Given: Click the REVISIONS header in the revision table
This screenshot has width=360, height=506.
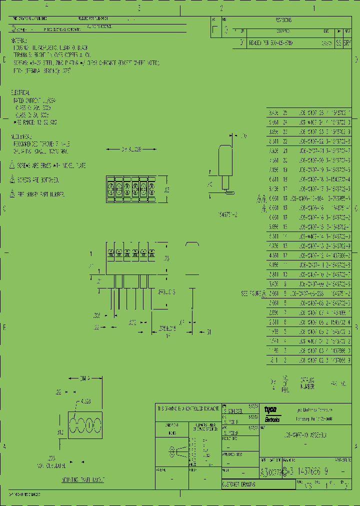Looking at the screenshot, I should click(x=283, y=20).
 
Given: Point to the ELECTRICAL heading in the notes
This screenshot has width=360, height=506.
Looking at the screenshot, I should click(x=20, y=93).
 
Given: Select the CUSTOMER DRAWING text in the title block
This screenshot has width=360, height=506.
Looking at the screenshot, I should click(x=239, y=485).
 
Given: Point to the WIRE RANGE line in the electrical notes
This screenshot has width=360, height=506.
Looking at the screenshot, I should click(x=35, y=121).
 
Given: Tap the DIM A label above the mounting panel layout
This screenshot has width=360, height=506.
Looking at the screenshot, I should click(x=86, y=379).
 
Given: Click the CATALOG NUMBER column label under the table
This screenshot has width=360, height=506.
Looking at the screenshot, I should click(x=307, y=383).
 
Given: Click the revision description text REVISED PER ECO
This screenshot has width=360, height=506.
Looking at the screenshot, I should click(x=270, y=43).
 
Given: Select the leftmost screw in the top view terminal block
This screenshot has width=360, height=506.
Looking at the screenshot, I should click(x=111, y=188).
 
